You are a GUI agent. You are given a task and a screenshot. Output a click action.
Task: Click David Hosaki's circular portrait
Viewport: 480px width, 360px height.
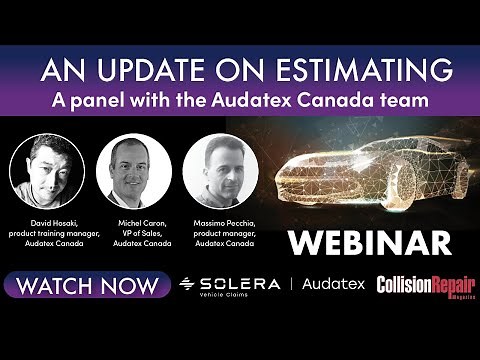coord(47,171)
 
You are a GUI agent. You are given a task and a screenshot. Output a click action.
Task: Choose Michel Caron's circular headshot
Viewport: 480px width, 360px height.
coord(134,171)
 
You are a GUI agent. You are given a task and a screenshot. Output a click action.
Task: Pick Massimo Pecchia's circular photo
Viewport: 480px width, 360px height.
coord(221,171)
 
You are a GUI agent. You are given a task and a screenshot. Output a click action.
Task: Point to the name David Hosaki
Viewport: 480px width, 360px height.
coord(47,219)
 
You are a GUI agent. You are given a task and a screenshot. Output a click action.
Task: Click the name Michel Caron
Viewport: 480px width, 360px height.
coord(134,219)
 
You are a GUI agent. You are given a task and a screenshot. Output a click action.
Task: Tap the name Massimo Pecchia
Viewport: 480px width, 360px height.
coord(221,219)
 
